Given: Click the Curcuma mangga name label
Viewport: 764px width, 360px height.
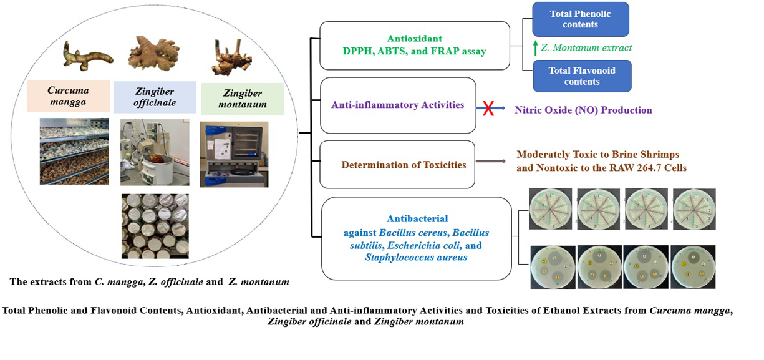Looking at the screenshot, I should click(67, 95).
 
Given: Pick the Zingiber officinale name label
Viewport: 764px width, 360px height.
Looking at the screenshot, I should click(154, 97).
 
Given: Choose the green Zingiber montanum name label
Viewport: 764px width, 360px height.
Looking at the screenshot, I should click(242, 99).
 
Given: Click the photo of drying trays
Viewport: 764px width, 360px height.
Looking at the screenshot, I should click(74, 150).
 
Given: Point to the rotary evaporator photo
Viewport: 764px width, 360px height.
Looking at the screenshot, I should click(154, 152).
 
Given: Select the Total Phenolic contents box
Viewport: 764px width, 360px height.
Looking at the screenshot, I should click(580, 19).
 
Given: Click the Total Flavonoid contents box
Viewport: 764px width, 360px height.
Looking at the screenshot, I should click(582, 76).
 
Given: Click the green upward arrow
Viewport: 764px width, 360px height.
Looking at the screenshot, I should click(534, 47).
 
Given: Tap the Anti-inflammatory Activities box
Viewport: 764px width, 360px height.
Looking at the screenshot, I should click(397, 105).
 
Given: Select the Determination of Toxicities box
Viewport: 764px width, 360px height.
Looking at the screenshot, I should click(397, 165).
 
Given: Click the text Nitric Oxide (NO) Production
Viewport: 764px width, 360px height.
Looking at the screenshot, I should click(583, 110).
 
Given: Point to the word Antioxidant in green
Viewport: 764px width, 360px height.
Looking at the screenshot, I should click(414, 39).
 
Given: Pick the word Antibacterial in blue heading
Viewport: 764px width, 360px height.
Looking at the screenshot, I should click(417, 218).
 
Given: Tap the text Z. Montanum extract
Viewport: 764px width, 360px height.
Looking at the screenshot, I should click(586, 47).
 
